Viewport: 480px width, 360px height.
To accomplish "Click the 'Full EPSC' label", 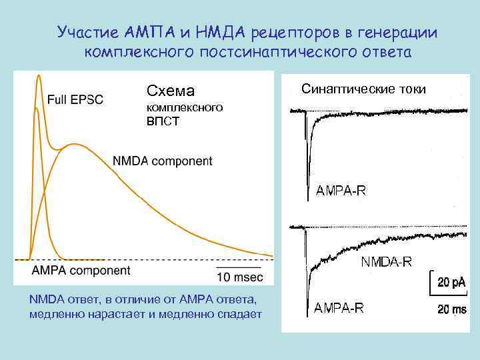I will [75, 100].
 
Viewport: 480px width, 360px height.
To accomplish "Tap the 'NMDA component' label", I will [163, 161].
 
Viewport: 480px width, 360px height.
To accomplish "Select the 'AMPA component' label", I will [81, 270].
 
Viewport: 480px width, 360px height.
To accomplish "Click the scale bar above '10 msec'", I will [239, 266].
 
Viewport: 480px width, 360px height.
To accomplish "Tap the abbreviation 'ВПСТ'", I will [163, 122].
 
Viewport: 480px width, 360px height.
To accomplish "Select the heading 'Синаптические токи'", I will [363, 89].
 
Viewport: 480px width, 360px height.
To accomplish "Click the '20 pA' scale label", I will [452, 282].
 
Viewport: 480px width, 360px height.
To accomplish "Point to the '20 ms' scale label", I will [452, 309].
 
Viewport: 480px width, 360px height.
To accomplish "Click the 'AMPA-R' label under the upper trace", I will [340, 191].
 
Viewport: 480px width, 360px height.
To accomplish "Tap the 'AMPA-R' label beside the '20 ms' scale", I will [339, 308].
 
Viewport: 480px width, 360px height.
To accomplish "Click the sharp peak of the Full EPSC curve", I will [39, 76].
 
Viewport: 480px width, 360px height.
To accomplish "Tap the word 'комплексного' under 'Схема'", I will [184, 107].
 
